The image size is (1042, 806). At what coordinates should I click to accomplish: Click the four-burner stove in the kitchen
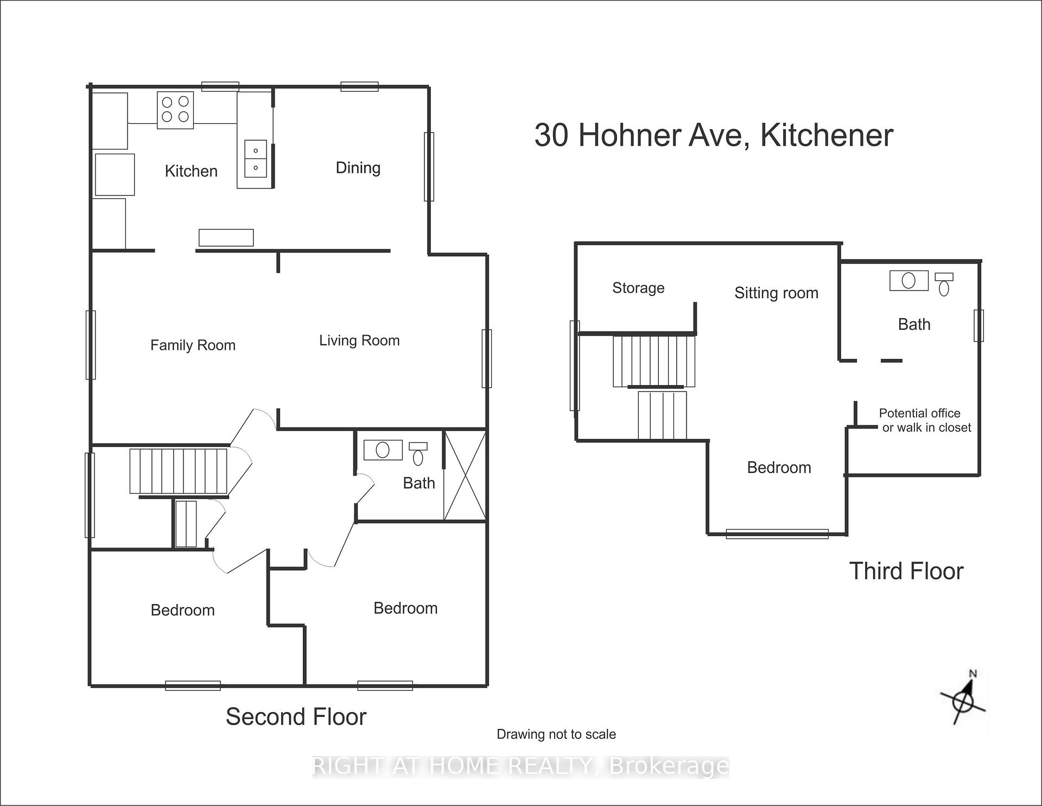175,110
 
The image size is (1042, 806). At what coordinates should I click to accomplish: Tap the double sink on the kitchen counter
256,159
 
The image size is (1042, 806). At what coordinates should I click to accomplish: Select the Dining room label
358,168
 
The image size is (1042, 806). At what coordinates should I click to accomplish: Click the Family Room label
193,345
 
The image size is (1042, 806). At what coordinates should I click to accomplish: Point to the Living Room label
359,341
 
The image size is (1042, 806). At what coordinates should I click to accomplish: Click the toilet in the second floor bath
418,454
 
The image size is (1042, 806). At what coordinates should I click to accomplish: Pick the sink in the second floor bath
383,450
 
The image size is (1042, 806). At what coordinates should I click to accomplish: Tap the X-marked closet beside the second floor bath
465,476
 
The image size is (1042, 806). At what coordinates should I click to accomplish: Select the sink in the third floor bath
909,280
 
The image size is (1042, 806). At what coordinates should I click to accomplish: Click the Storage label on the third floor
638,288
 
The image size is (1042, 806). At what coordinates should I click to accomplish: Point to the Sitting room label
776,293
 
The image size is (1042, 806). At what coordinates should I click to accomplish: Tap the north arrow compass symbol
964,701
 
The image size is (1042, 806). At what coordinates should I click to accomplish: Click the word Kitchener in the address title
827,135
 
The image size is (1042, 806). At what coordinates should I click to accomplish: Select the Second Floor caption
296,717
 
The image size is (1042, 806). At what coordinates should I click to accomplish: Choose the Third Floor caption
906,571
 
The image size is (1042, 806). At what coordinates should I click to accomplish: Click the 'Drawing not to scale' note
556,735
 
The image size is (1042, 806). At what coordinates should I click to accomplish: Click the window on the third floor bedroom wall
777,534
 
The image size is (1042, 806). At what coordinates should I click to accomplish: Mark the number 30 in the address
551,135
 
